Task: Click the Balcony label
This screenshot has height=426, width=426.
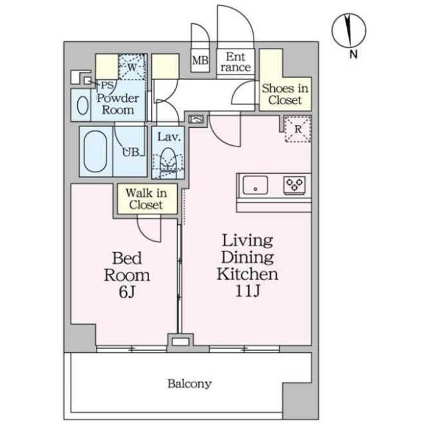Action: (189, 383)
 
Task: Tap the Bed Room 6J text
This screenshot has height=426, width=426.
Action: (127, 275)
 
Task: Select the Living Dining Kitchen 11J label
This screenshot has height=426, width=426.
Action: (247, 266)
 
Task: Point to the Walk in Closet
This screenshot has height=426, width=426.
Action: (146, 199)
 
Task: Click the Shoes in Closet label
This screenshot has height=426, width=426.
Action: (285, 94)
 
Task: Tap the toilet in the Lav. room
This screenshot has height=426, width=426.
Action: (168, 162)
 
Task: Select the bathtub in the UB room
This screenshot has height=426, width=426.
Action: (95, 151)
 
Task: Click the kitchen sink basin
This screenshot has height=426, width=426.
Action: (255, 185)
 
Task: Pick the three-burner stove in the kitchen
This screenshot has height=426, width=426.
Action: (294, 185)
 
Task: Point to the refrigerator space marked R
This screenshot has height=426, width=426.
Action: (298, 128)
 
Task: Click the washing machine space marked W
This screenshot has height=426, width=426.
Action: (132, 67)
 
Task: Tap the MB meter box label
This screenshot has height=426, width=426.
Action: (200, 61)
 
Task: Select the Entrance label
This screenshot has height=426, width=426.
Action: (236, 62)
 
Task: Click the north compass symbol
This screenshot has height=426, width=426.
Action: (349, 31)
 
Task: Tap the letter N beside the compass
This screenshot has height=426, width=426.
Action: (353, 55)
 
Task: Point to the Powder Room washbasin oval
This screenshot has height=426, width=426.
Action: (83, 105)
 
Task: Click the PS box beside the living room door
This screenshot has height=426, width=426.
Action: (196, 119)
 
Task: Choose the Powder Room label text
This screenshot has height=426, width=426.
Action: (118, 104)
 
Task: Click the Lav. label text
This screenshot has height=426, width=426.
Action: (168, 136)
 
